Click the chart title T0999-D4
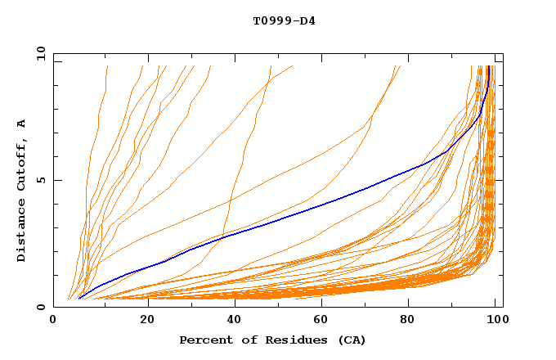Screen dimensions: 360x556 coord(284,20)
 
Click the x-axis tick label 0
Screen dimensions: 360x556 coord(54,320)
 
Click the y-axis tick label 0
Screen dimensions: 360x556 coord(41,307)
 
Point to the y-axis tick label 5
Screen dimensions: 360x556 coord(41,180)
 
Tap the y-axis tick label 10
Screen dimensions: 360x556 coord(39,54)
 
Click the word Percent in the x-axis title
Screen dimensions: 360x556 coord(204,340)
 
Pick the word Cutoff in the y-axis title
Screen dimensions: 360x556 coord(21,160)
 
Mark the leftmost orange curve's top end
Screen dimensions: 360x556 coord(107,66)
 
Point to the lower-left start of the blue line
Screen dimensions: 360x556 coord(78,298)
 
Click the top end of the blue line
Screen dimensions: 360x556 coord(489,66)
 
